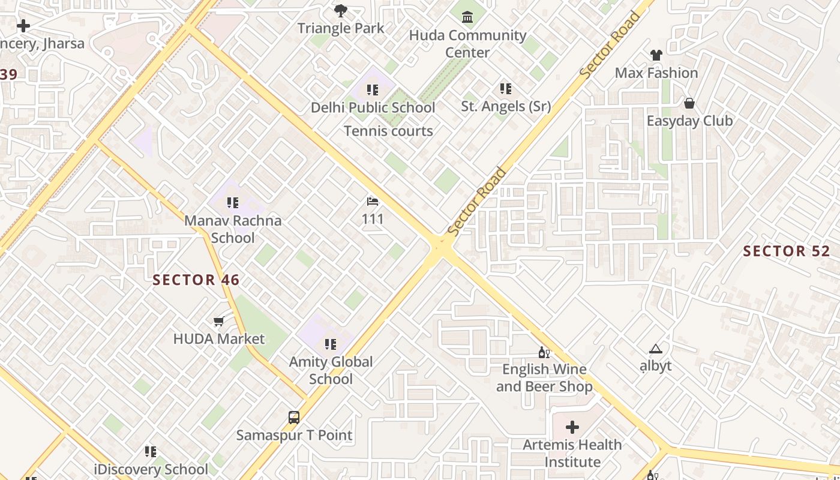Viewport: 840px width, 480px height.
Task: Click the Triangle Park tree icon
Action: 341,10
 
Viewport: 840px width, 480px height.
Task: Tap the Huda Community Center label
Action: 467,44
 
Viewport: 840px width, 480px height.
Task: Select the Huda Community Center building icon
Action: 467,16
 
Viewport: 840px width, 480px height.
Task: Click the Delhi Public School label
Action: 373,107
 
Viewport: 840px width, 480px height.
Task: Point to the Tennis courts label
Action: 388,131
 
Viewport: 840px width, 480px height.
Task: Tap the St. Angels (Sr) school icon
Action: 506,89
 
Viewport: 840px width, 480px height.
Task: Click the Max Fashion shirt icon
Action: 656,55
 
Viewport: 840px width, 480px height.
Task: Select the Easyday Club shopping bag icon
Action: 689,103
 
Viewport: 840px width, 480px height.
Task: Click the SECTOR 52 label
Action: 786,251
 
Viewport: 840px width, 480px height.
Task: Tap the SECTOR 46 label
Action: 196,280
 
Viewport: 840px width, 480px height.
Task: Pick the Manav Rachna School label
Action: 233,229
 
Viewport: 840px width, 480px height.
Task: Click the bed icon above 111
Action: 373,202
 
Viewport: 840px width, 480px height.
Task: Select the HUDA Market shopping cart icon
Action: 219,322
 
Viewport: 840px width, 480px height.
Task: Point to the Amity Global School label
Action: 331,370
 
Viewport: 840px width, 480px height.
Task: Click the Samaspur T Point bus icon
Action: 294,418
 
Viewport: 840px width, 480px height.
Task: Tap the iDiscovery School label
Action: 151,469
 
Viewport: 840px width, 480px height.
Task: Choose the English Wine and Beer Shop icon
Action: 544,352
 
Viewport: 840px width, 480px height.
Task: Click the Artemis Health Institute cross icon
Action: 572,427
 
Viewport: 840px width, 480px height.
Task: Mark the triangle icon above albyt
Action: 656,349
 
